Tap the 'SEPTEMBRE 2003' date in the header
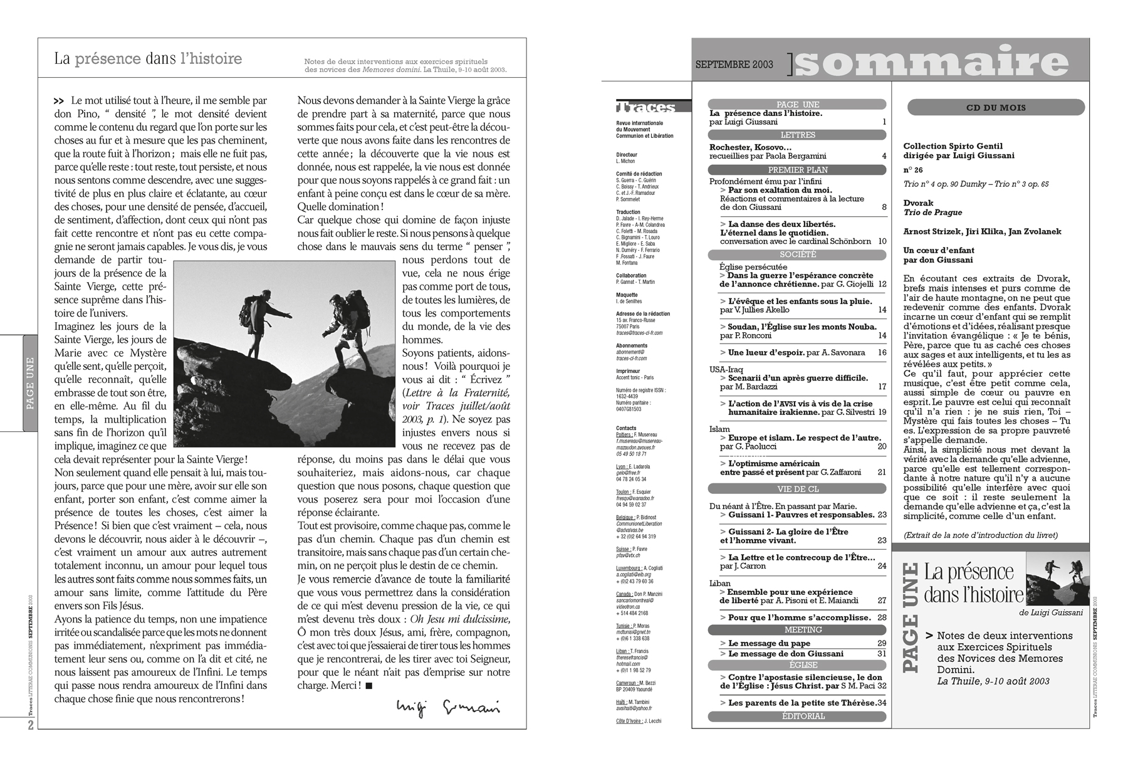[x=734, y=65]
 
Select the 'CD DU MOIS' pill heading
[x=996, y=108]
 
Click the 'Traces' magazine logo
[x=645, y=107]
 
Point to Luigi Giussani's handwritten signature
[x=448, y=706]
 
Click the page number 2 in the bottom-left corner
[x=29, y=725]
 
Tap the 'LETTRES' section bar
[x=797, y=135]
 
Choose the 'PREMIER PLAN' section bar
[x=797, y=170]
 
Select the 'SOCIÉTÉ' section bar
[x=797, y=254]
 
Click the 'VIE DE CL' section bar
[x=797, y=489]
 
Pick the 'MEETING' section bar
[x=797, y=629]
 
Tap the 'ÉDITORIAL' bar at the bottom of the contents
[x=797, y=716]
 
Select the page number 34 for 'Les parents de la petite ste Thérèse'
[x=882, y=703]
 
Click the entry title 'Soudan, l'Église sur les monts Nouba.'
[x=802, y=327]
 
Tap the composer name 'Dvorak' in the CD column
[x=918, y=203]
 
